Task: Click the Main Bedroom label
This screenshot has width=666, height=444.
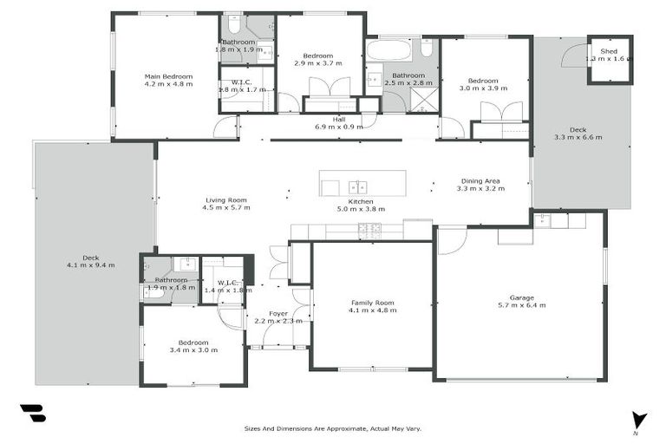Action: tap(168, 76)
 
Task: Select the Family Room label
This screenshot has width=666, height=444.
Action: tap(372, 303)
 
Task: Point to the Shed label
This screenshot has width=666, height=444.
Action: tap(610, 51)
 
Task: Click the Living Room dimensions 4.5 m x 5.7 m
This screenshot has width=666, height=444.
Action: tap(226, 208)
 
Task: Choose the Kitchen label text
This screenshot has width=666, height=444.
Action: tap(361, 201)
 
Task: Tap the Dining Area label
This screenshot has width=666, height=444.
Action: tap(480, 181)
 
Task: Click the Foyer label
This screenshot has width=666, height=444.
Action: tap(278, 314)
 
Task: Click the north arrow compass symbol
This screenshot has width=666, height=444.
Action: tap(639, 420)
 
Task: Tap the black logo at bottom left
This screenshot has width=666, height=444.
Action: tap(33, 414)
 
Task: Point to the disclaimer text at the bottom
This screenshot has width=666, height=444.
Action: tap(333, 428)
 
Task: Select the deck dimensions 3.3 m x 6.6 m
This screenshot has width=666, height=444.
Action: tap(578, 137)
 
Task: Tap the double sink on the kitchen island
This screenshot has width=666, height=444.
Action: tap(356, 186)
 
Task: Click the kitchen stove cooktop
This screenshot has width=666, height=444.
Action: tap(369, 229)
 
